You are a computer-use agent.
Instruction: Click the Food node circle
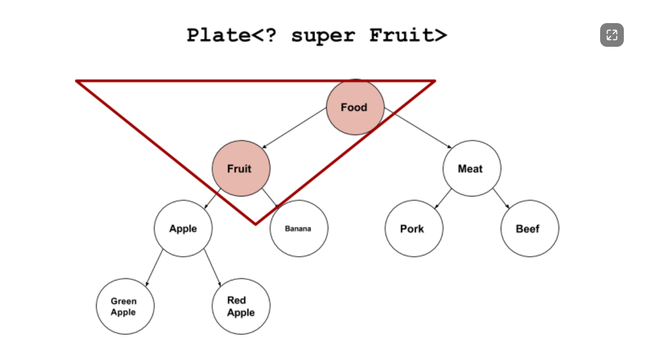click(x=355, y=107)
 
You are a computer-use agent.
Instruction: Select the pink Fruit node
click(x=241, y=168)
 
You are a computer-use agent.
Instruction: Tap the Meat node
click(x=471, y=168)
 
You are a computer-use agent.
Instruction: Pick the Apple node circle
click(x=183, y=229)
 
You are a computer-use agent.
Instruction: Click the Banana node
click(x=298, y=229)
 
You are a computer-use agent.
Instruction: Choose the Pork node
click(x=413, y=229)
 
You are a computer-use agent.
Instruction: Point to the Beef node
click(x=529, y=229)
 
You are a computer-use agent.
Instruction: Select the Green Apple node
click(x=124, y=306)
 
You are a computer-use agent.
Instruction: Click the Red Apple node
click(x=241, y=306)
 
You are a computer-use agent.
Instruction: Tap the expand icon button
click(x=611, y=35)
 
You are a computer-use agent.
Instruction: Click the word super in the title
click(x=323, y=35)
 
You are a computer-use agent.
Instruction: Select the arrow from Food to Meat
click(x=419, y=130)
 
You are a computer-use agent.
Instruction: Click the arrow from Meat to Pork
click(x=442, y=198)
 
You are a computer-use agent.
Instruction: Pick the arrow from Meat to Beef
click(x=501, y=198)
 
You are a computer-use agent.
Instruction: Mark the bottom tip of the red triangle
click(x=255, y=224)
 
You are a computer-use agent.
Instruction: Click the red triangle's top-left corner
click(x=77, y=82)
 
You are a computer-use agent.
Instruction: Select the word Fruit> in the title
click(x=408, y=35)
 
